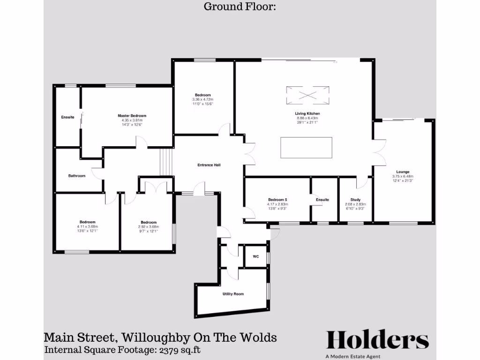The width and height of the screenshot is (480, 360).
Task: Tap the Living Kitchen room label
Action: (x=307, y=114)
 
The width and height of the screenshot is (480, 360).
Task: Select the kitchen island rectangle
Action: (x=306, y=148)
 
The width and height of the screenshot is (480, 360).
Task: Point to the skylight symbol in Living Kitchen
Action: (x=307, y=95)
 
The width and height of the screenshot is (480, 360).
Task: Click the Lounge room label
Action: (x=403, y=172)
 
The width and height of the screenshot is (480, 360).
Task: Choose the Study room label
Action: (x=355, y=200)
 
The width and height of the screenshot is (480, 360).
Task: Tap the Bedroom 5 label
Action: (x=277, y=200)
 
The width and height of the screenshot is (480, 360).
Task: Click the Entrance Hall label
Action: (x=209, y=165)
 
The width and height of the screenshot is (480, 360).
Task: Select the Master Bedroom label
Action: (x=132, y=116)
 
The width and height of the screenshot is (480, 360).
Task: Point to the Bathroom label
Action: (x=77, y=176)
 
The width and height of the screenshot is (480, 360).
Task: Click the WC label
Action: (x=255, y=256)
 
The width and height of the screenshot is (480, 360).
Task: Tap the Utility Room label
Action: (x=233, y=294)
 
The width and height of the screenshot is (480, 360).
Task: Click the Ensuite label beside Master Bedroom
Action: (x=67, y=117)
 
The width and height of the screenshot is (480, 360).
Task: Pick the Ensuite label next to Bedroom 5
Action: (x=322, y=200)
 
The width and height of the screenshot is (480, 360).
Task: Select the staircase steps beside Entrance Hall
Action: (x=166, y=162)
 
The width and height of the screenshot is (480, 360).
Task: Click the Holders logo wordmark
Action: (x=377, y=340)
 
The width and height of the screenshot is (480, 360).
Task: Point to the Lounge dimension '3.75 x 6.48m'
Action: (x=403, y=176)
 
